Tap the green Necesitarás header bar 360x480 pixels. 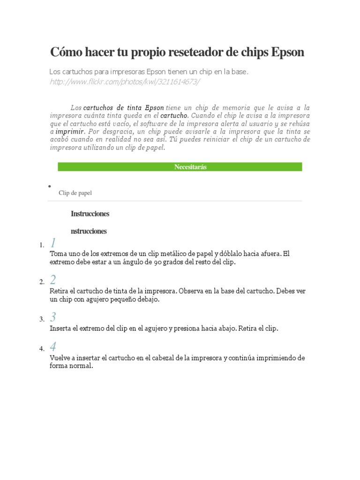click(180, 167)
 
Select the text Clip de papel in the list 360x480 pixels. click(75, 193)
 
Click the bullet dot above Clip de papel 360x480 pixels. click(49, 186)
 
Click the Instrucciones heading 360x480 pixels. click(90, 214)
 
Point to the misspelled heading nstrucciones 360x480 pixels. click(89, 231)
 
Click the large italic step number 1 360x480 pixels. click(53, 243)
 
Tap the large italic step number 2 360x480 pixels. click(53, 280)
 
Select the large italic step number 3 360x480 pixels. click(53, 317)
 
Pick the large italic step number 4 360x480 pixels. click(53, 347)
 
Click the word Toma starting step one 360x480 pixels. click(58, 254)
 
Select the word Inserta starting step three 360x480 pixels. click(60, 329)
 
